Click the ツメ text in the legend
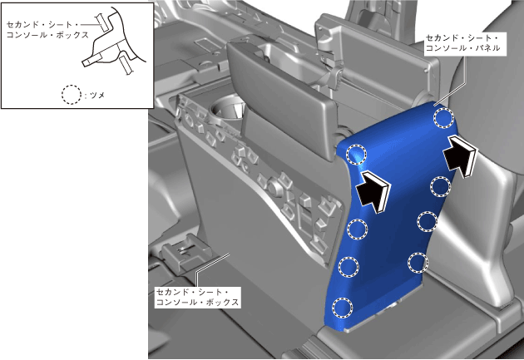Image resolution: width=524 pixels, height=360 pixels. [97, 95]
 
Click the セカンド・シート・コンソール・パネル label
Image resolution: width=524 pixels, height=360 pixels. [462, 43]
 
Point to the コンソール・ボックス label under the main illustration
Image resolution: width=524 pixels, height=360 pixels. [197, 297]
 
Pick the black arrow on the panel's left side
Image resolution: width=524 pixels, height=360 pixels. [373, 191]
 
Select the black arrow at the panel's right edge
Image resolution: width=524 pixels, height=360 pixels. [460, 155]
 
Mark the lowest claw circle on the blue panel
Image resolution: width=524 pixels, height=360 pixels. [342, 307]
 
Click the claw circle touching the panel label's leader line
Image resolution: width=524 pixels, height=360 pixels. [444, 117]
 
